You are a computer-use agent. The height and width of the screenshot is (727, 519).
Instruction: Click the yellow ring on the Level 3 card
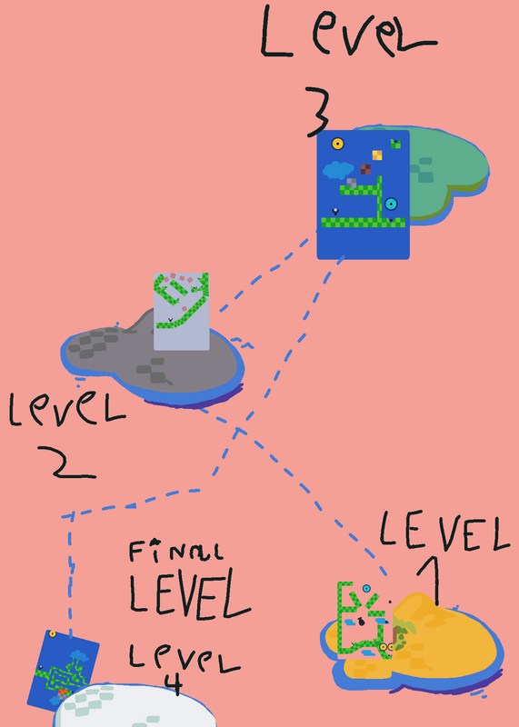coord(337,144)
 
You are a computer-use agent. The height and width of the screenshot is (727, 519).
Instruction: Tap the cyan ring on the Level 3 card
coord(391,204)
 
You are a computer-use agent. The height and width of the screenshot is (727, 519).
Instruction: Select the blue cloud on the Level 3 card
coord(342,170)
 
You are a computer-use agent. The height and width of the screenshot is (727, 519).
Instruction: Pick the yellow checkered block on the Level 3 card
coord(377,155)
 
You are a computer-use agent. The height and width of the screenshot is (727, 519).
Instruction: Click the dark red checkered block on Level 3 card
coord(365,169)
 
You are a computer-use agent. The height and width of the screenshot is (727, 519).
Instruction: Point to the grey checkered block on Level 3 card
coord(352,184)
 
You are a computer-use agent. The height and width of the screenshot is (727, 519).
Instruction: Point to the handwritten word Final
coord(176,552)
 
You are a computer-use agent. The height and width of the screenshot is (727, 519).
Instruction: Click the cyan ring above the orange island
coord(366,589)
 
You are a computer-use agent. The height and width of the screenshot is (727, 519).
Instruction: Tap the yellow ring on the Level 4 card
coord(53,633)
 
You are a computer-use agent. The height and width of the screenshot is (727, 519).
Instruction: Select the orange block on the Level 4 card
coord(64,692)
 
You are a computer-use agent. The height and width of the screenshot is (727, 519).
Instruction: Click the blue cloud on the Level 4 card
coord(79,655)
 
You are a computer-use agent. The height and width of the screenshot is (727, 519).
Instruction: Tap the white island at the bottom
coord(135,706)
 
